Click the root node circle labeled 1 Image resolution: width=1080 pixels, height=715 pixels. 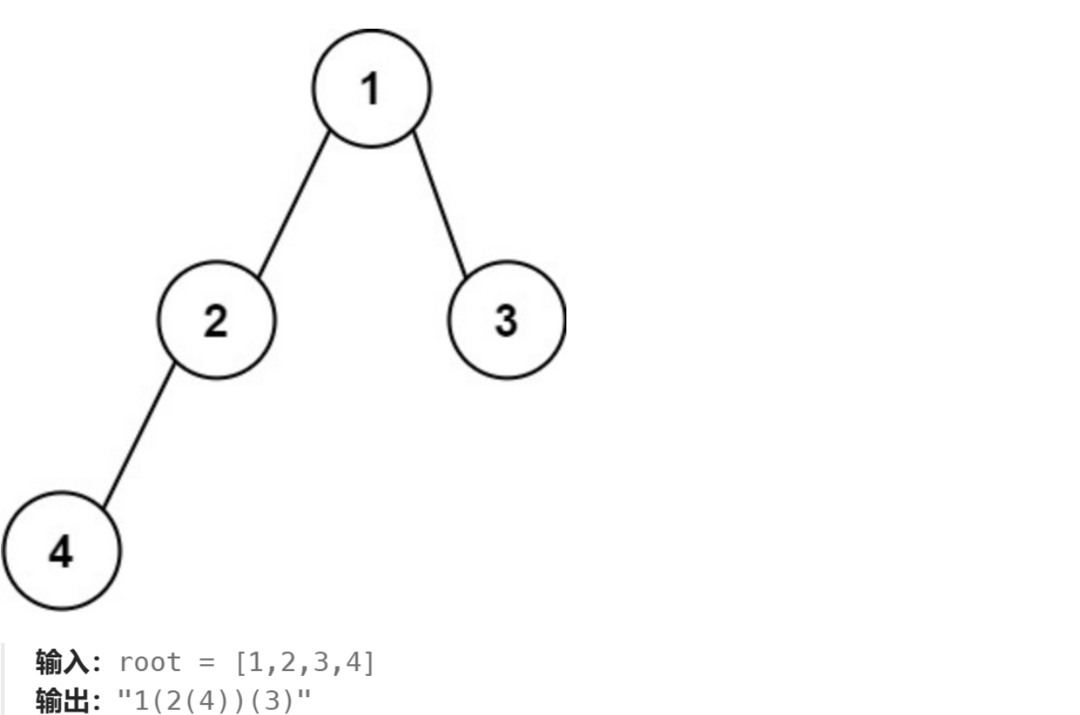pos(372,88)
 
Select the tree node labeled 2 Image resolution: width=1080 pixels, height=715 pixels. pos(216,319)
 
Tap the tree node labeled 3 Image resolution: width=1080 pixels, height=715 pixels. pos(506,319)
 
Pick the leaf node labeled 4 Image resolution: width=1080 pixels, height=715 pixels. pos(62,551)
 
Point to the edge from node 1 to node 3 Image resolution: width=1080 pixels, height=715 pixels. pos(439,204)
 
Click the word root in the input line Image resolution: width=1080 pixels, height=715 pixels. pos(151,662)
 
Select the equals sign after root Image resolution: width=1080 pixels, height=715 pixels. pos(208,662)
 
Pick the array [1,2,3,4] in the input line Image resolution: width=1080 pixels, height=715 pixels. pos(304,662)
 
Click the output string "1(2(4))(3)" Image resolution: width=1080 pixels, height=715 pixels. pos(214,701)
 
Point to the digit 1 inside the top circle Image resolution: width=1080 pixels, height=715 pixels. pos(370,89)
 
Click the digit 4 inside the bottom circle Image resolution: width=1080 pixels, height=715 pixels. pos(61,552)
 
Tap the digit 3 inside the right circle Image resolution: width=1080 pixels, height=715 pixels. pos(505,321)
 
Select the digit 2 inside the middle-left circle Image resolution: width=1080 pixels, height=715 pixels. pos(216,321)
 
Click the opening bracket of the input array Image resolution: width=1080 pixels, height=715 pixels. pos(240,662)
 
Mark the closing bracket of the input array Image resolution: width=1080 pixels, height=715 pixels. pos(368,662)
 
